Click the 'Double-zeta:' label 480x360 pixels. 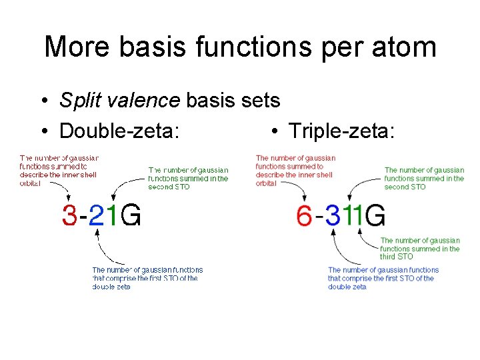point(119,131)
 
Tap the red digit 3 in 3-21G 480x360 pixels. point(69,215)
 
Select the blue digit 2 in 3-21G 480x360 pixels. point(97,215)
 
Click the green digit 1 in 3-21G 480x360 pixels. point(113,215)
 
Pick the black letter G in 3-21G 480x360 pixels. point(131,215)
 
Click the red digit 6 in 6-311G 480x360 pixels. point(304,215)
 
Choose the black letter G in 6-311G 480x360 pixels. point(375,215)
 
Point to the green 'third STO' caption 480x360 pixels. point(420,248)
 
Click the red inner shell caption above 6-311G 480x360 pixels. point(295,171)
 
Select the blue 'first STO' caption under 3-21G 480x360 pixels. point(147,278)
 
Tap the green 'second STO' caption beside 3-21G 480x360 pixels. point(188,178)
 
